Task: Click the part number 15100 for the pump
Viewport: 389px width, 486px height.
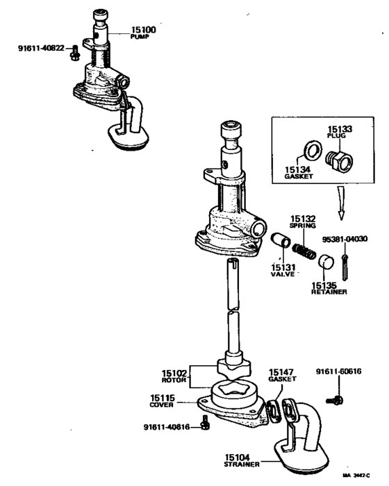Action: (144, 31)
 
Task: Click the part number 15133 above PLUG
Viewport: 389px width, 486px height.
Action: (341, 128)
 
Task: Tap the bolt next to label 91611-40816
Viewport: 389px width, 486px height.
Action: (204, 425)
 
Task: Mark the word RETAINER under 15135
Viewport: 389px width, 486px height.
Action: (329, 292)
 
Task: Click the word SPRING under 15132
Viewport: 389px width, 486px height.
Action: (304, 226)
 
